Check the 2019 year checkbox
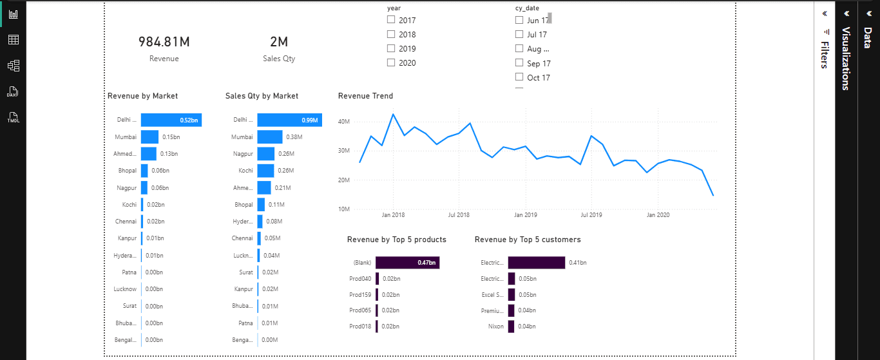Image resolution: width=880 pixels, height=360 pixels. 391,48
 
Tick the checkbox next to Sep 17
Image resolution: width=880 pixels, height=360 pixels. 519,63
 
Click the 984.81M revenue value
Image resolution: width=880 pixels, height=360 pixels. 164,43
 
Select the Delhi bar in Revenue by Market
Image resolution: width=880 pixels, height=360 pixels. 171,120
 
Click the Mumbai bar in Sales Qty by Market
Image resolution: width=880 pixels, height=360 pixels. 269,137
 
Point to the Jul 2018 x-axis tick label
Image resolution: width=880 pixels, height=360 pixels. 459,215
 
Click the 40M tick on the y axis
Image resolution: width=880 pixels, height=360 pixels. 343,121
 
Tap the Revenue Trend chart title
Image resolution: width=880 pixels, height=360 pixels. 365,96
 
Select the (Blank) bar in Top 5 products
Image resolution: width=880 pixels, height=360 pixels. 407,262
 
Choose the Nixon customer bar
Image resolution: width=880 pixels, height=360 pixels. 511,327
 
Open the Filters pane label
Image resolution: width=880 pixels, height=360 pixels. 824,55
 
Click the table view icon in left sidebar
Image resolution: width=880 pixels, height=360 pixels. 13,40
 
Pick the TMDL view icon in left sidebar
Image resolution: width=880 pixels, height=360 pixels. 13,117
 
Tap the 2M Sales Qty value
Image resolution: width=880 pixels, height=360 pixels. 279,43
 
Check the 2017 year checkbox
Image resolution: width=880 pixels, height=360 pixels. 391,20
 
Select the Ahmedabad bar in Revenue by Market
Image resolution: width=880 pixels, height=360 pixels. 149,153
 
